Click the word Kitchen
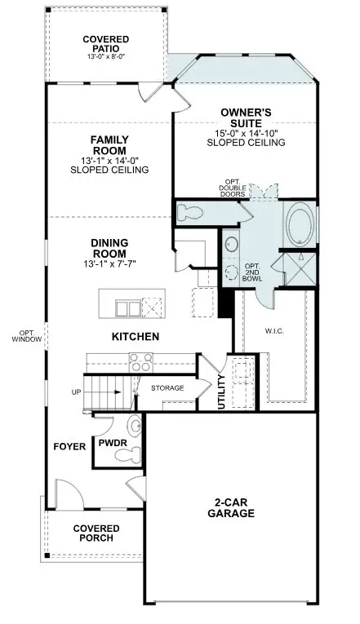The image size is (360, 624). pyautogui.click(x=135, y=336)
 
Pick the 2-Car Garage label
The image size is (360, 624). pyautogui.click(x=230, y=508)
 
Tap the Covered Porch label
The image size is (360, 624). pyautogui.click(x=97, y=533)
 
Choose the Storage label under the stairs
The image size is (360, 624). pyautogui.click(x=167, y=387)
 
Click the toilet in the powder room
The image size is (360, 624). pyautogui.click(x=134, y=426)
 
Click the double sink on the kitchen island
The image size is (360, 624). pyautogui.click(x=127, y=307)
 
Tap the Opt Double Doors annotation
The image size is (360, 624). pyautogui.click(x=232, y=189)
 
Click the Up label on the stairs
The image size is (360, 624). pyautogui.click(x=78, y=392)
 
